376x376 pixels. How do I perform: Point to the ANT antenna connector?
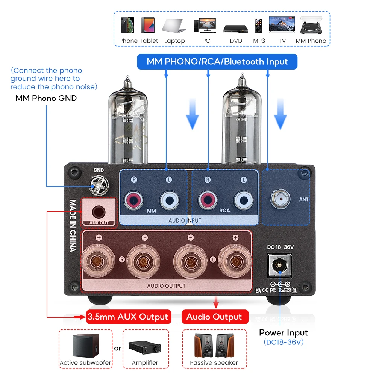(280, 198)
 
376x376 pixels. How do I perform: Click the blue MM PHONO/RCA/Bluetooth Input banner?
(217, 62)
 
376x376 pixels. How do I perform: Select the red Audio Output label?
(214, 317)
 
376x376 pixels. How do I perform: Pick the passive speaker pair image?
(214, 346)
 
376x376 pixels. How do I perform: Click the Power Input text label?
(283, 332)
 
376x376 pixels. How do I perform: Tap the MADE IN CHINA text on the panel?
(73, 225)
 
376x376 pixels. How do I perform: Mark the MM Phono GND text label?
(46, 98)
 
